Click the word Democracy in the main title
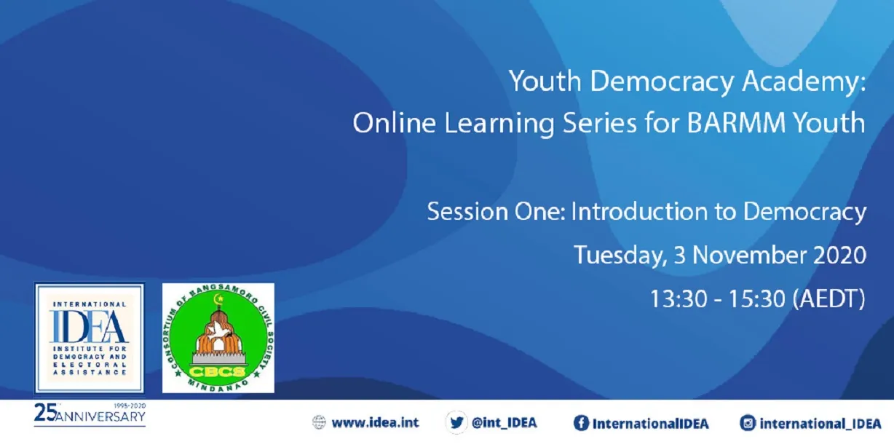point(662,82)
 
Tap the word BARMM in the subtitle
point(736,122)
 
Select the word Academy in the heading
point(802,82)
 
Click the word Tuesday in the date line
point(620,256)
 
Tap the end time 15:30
point(757,299)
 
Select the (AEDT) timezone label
point(829,299)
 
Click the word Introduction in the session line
point(639,211)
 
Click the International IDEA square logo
point(90,338)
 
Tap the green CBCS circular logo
point(218,338)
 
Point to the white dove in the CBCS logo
point(218,331)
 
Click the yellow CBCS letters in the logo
point(217,371)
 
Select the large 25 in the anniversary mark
point(45,413)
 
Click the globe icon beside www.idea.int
point(319,422)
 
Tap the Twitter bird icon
point(456,422)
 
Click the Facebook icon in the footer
point(581,423)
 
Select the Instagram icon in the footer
point(748,423)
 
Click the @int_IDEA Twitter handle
point(504,423)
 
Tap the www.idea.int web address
point(375,422)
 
